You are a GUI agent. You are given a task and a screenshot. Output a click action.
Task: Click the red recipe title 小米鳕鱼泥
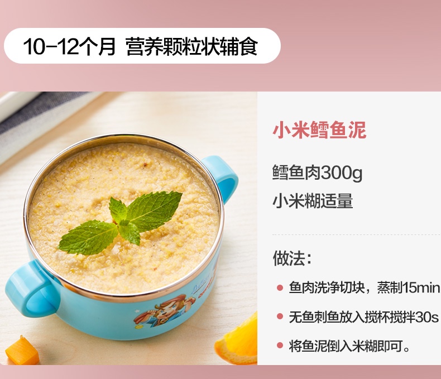[319, 130]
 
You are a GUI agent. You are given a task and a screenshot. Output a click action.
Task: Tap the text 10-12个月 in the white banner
[69, 46]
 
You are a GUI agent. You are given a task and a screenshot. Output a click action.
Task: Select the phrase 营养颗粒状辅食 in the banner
[192, 46]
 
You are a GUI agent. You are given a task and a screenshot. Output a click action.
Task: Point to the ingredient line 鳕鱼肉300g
[317, 172]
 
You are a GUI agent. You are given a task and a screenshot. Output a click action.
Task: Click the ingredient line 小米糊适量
[313, 201]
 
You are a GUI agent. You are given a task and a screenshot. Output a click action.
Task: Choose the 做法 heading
[292, 258]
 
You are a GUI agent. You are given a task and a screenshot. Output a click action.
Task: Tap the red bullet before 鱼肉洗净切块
[280, 287]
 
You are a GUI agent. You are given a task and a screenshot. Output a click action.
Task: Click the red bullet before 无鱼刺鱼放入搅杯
[280, 316]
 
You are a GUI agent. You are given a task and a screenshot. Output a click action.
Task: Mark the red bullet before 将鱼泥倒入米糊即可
[280, 346]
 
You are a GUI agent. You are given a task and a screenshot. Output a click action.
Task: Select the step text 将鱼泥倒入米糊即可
[349, 346]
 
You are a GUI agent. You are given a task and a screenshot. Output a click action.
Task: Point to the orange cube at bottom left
[22, 351]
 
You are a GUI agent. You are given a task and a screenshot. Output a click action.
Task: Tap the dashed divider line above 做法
[356, 234]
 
